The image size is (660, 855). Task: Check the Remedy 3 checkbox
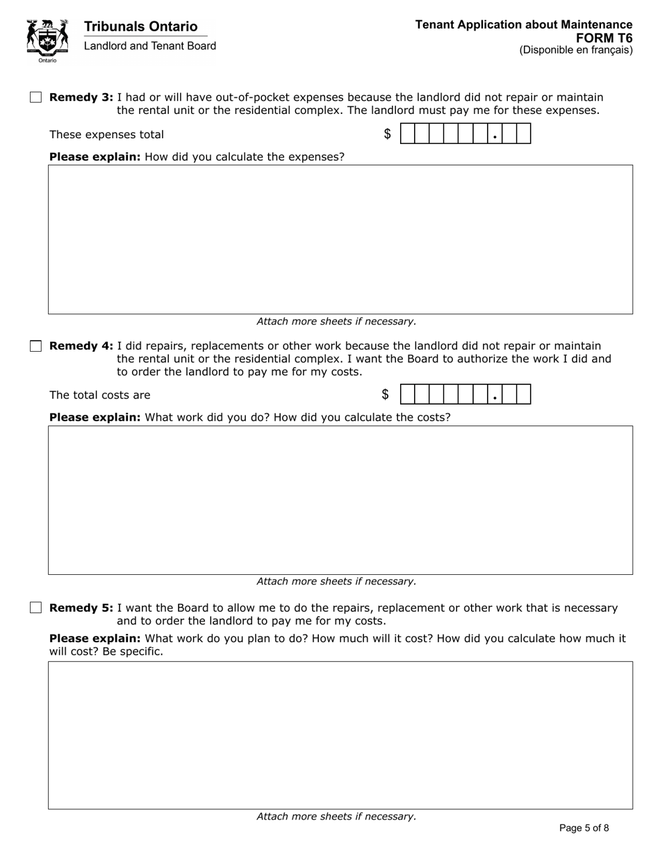tap(36, 97)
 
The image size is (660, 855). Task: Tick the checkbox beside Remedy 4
tap(36, 346)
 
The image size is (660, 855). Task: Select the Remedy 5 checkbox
tap(36, 608)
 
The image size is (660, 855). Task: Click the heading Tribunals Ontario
tap(140, 26)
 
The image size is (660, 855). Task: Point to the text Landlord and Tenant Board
tap(149, 46)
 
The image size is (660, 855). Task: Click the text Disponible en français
tap(576, 50)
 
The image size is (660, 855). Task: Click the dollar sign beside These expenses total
tap(388, 134)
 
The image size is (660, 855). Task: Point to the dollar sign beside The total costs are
tap(386, 395)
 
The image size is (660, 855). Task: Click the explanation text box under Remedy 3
tap(340, 239)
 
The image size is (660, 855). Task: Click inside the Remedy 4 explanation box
tap(340, 500)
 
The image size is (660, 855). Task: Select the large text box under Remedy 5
tap(340, 735)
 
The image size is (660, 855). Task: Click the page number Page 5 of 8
tap(584, 828)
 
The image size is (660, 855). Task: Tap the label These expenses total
tap(106, 135)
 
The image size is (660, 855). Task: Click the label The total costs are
tap(99, 396)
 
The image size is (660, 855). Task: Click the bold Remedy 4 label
tap(81, 346)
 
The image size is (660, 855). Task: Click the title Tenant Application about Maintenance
tap(524, 24)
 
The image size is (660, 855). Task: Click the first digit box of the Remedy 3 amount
tap(408, 133)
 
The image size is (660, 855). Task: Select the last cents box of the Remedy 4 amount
tap(523, 394)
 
